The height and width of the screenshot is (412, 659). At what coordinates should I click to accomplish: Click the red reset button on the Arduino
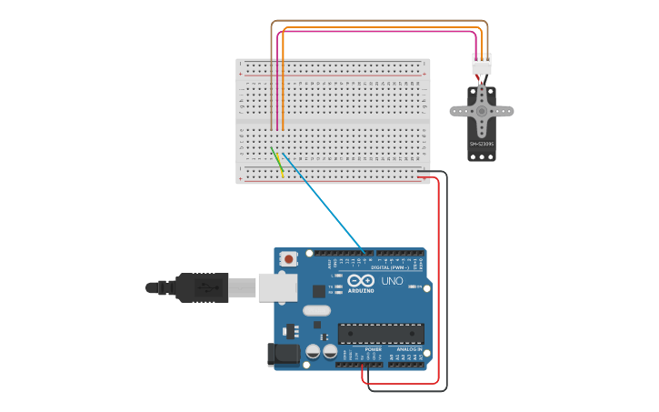click(x=289, y=258)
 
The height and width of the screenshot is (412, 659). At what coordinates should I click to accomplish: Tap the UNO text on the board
click(x=392, y=282)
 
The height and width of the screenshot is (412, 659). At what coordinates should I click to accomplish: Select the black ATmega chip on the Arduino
click(x=381, y=334)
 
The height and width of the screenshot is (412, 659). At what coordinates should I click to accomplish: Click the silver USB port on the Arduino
click(x=277, y=287)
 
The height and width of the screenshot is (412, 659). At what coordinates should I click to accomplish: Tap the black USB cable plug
click(x=200, y=287)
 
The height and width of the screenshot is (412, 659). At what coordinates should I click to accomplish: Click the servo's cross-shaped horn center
click(x=482, y=111)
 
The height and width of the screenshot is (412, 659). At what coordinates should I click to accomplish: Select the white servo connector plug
click(x=482, y=65)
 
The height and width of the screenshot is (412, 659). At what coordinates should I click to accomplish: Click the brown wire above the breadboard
click(x=382, y=21)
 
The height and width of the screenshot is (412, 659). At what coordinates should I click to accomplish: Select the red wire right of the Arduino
click(x=439, y=273)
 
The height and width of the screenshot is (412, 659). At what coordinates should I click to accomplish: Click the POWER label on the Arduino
click(x=374, y=349)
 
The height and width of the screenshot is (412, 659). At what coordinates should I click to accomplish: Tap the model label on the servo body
click(x=481, y=144)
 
